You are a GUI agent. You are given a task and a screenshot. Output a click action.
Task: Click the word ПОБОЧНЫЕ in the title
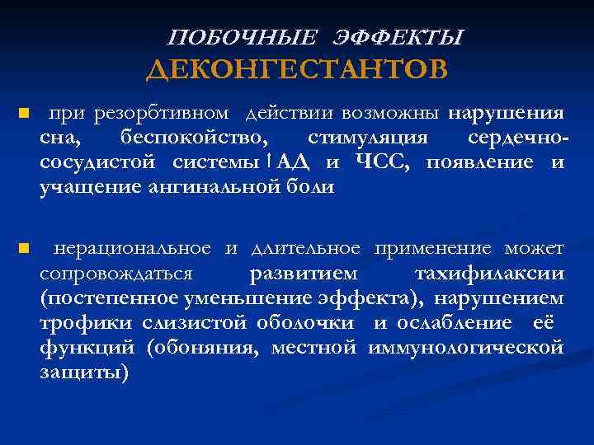[x=242, y=37]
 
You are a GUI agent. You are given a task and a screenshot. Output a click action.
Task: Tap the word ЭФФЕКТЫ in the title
[x=399, y=37]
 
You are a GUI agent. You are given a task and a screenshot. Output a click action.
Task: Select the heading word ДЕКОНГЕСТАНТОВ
[x=297, y=69]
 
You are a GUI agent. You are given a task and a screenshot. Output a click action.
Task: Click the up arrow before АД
[x=270, y=161]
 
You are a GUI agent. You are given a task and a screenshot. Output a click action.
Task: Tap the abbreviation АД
[x=291, y=161]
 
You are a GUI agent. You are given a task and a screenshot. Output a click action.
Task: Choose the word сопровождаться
[x=116, y=273]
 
